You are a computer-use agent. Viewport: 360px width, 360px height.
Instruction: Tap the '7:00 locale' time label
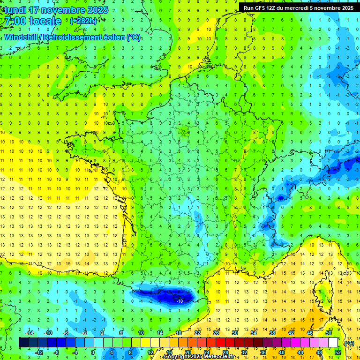click(x=32, y=21)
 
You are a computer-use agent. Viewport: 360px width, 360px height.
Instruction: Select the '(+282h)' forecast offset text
click(x=83, y=21)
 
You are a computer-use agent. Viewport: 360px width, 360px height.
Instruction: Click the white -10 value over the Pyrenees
click(x=180, y=301)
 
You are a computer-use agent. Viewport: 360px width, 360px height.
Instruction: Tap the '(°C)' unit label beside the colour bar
click(x=349, y=343)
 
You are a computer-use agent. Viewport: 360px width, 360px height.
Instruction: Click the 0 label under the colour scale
click(x=93, y=352)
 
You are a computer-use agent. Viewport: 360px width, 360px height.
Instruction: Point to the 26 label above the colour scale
click(x=216, y=332)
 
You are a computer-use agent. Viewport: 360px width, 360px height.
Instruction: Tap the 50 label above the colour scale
click(x=329, y=332)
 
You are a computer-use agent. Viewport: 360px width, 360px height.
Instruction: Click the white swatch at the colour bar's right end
click(x=333, y=343)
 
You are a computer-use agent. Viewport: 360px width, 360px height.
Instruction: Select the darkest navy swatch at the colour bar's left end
click(x=23, y=343)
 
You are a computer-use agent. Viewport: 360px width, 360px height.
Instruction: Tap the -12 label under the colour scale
click(x=39, y=352)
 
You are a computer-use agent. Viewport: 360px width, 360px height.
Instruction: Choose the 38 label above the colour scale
click(x=272, y=332)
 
